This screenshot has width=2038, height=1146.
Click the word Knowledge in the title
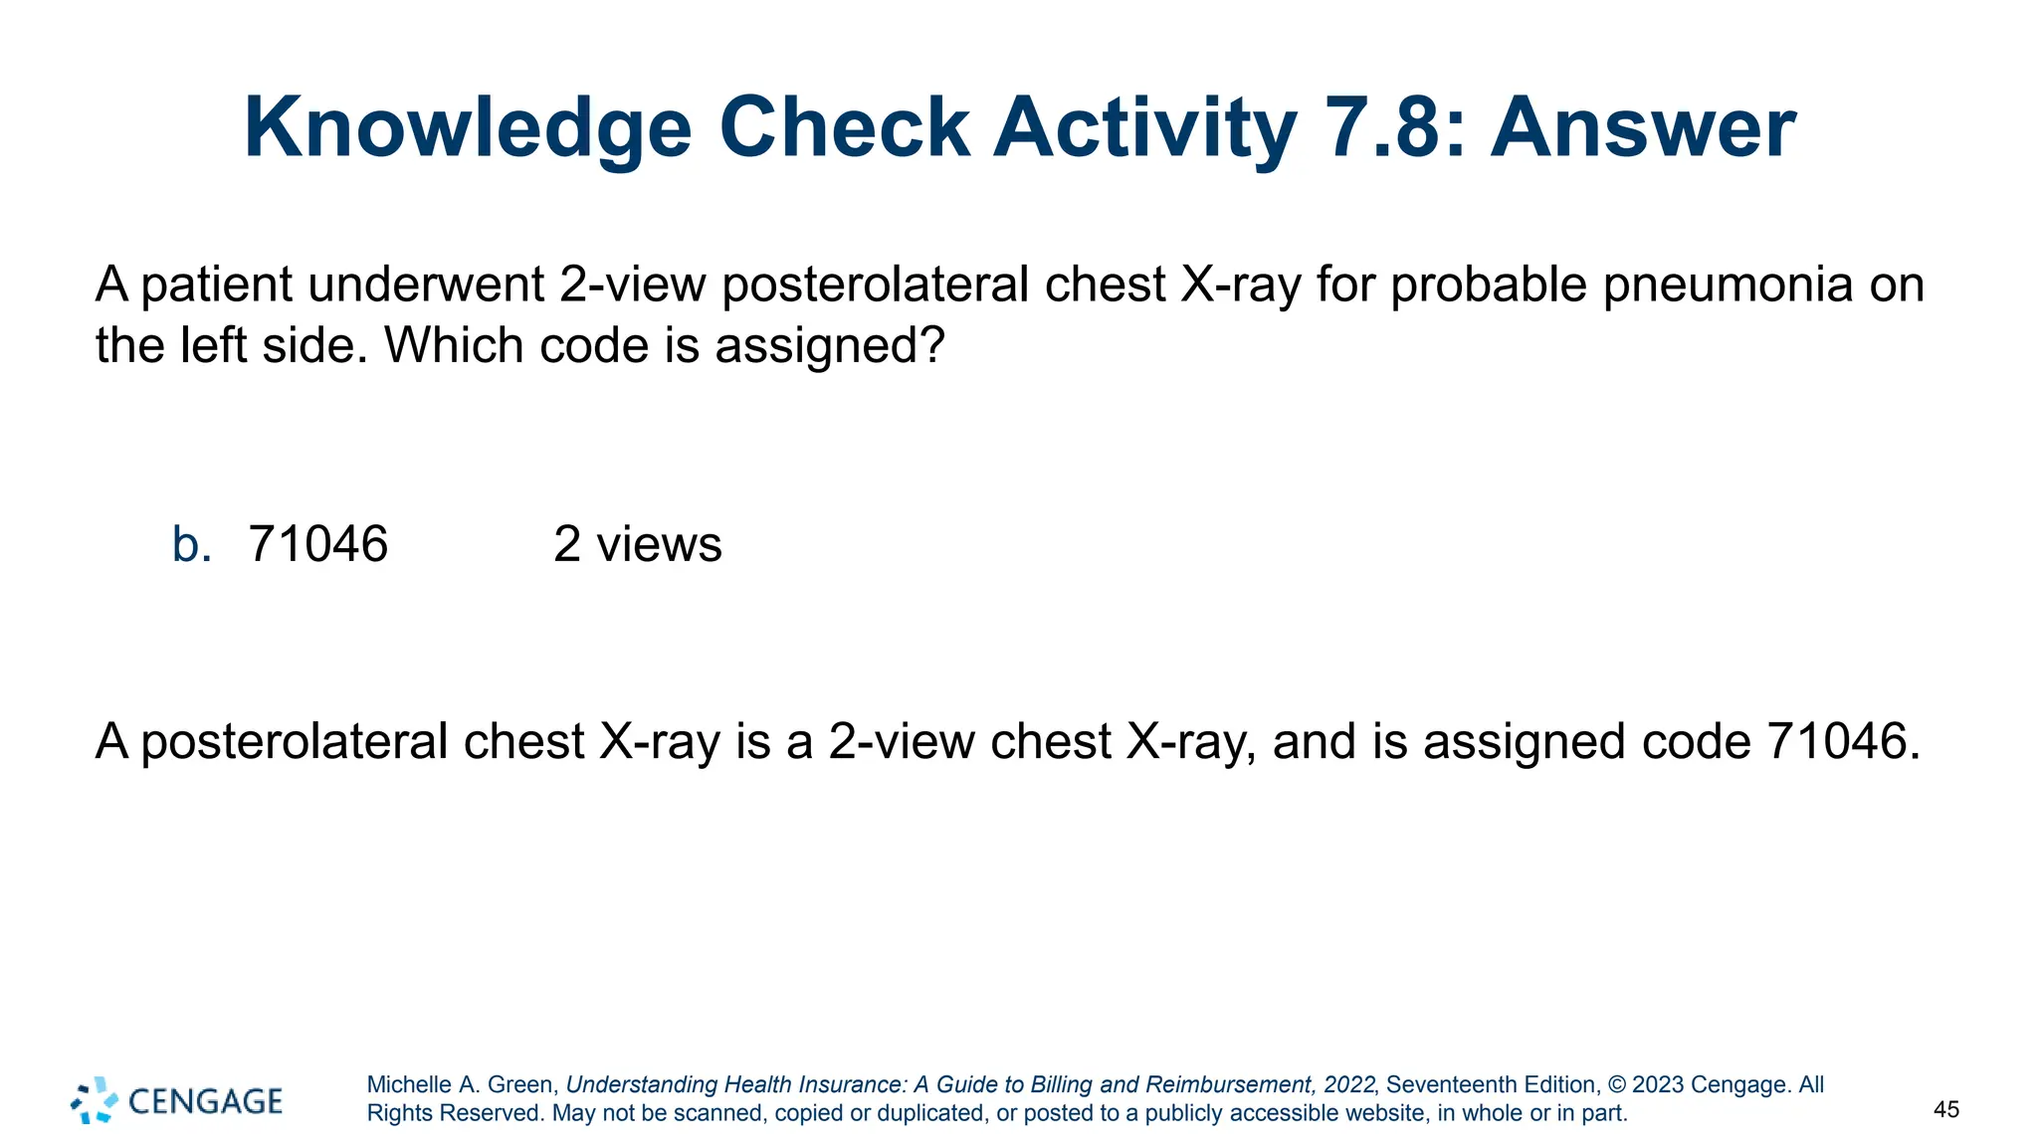tap(468, 129)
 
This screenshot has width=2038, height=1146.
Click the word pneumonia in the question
tap(1728, 286)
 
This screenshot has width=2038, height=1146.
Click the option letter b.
tap(191, 545)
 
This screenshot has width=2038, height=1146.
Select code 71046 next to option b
tap(317, 545)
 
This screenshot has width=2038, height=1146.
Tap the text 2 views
tap(637, 545)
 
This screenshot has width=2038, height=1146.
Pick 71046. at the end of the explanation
tap(1843, 742)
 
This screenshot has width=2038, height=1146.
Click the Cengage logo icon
tap(95, 1100)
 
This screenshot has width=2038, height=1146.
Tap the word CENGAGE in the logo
tap(206, 1101)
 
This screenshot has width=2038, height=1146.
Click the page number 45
tap(1946, 1110)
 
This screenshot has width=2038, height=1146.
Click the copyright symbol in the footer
tap(1617, 1085)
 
